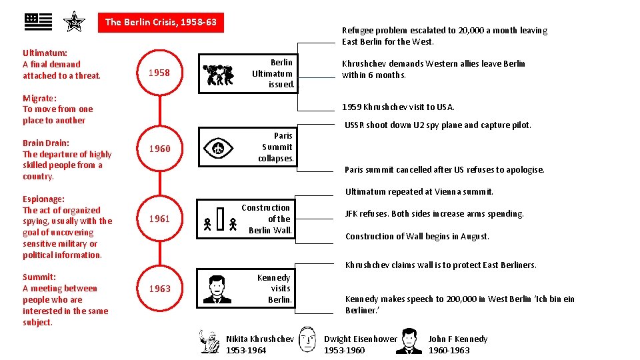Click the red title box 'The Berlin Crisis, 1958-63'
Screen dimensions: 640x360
(x=161, y=22)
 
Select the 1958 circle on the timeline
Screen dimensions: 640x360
(x=159, y=73)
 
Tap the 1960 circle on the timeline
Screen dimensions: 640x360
(x=159, y=149)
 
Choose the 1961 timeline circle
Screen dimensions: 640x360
(x=159, y=219)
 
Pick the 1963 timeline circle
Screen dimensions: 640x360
(x=159, y=289)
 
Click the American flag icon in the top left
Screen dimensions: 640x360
(x=38, y=22)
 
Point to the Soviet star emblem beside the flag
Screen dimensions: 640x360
(x=74, y=23)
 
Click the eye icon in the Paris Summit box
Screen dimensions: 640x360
(x=217, y=148)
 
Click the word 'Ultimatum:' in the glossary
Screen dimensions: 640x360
(x=45, y=53)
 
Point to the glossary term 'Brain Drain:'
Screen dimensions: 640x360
(x=46, y=143)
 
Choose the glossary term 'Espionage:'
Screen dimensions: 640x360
(x=43, y=199)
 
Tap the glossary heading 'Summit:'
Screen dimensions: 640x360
(x=39, y=277)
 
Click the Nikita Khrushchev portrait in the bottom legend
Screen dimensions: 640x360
(x=211, y=340)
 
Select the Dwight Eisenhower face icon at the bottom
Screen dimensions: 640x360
(x=307, y=339)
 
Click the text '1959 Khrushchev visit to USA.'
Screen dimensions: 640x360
(x=398, y=107)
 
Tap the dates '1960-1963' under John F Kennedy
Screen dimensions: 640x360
(x=449, y=350)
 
